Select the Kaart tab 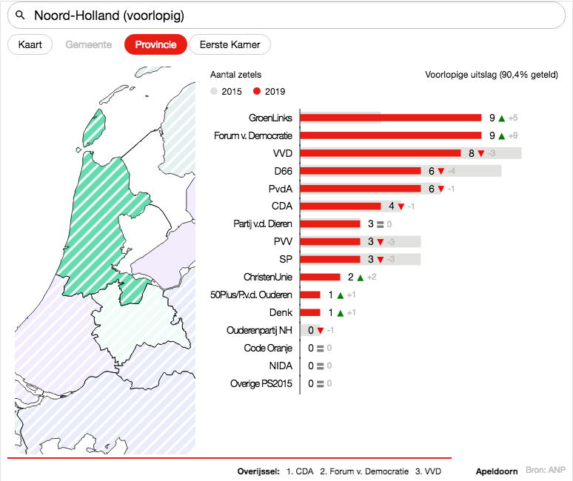coord(30,44)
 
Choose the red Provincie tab coord(155,44)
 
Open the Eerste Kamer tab coord(229,44)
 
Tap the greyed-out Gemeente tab coord(89,44)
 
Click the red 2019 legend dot coord(258,92)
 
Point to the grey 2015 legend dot coord(215,92)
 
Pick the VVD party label coord(282,153)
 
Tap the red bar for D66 coord(361,171)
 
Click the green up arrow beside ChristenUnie coord(360,277)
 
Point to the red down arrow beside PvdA coord(440,189)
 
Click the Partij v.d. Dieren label coord(263,224)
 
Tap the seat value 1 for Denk coord(331,313)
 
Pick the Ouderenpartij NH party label coord(259,330)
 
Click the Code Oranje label coord(268,348)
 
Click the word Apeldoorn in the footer coord(496,471)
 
